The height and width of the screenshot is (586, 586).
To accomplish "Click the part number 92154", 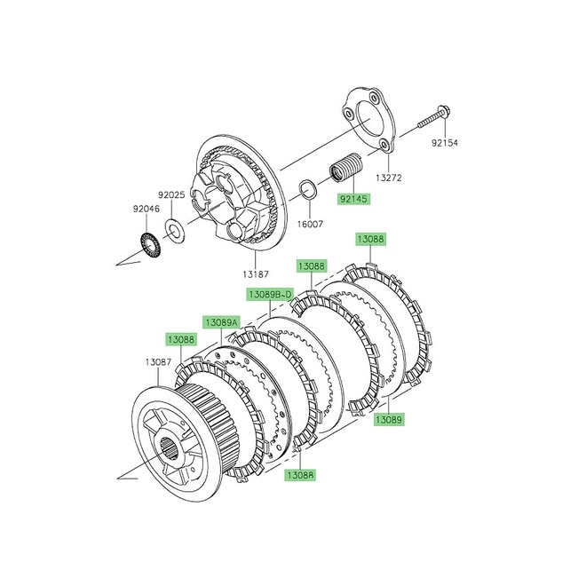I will tap(449, 142).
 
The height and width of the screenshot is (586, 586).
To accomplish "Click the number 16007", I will tap(310, 226).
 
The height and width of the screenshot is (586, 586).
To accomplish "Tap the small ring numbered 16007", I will tap(305, 189).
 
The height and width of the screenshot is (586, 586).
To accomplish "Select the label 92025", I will tap(172, 194).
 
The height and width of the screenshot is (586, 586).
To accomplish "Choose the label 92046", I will tap(124, 210).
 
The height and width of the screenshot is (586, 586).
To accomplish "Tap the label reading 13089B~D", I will tap(271, 293).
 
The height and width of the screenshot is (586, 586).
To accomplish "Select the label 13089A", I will tap(222, 321).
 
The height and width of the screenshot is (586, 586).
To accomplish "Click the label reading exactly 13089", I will tap(388, 418).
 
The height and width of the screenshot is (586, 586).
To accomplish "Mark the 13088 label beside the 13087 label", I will tap(181, 339).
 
